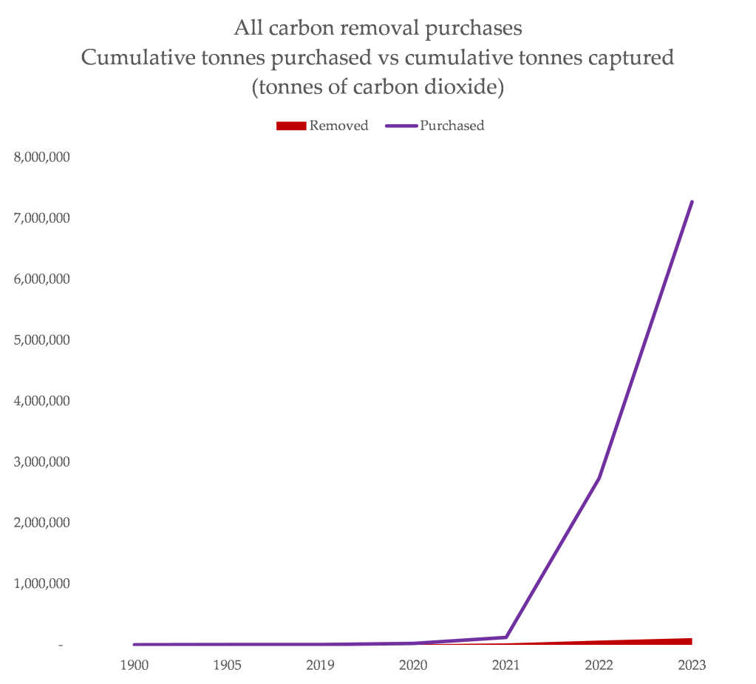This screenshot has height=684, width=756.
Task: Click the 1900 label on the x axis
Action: click(134, 665)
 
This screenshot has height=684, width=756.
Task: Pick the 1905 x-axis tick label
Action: click(227, 665)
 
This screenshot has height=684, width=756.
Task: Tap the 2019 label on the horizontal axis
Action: click(320, 665)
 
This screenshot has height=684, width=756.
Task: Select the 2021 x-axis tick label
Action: click(506, 665)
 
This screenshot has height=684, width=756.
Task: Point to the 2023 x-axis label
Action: click(692, 665)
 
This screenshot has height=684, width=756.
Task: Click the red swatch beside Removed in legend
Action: click(290, 126)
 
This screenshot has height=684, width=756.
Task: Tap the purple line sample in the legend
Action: click(401, 126)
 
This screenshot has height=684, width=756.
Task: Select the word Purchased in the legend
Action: click(452, 126)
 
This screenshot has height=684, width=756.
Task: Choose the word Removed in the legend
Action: click(338, 126)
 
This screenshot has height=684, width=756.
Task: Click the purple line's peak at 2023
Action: click(692, 201)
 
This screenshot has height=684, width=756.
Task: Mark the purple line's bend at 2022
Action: click(599, 478)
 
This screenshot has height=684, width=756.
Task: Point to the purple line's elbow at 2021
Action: click(506, 637)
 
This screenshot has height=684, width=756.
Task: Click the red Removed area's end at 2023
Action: click(690, 641)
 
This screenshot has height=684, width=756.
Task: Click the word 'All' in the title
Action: click(247, 29)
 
